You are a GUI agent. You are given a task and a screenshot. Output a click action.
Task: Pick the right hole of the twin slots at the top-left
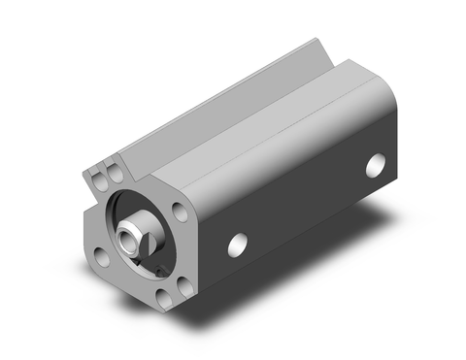coord(113,172)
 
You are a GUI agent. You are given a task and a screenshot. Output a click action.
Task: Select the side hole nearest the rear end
coord(376,165)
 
